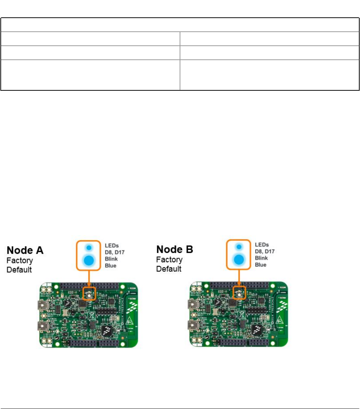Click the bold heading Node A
point(25,250)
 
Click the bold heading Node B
point(174,250)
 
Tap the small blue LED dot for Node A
point(89,247)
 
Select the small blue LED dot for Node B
point(239,246)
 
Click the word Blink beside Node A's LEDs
point(111,259)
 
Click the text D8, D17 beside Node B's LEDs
point(263,251)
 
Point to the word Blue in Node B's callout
point(261,264)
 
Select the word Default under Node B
point(169,269)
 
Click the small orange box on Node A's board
point(90,294)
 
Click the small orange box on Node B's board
point(239,292)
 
